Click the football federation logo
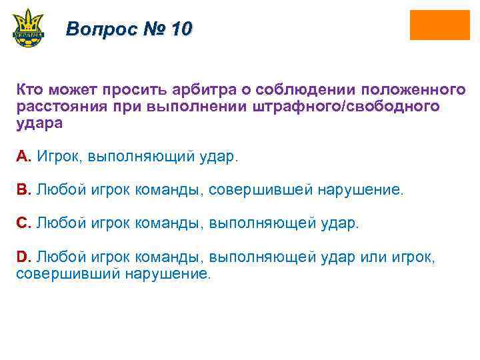point(28,28)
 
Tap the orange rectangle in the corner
point(439,25)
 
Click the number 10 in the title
point(181,29)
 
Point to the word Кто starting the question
point(29,89)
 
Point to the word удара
point(39,123)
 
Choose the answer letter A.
point(23,157)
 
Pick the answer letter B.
point(23,190)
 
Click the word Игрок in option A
point(58,157)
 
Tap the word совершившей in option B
point(261,190)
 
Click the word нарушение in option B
point(360,190)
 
